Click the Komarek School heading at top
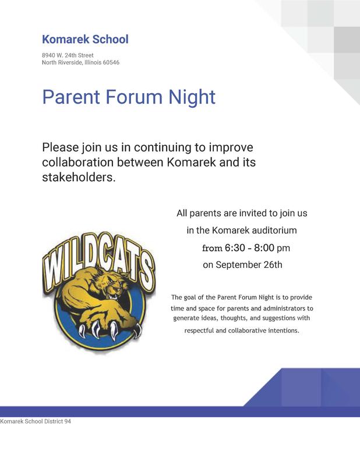click(x=85, y=39)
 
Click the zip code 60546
click(x=111, y=62)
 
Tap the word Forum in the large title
click(x=134, y=97)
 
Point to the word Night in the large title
click(x=192, y=97)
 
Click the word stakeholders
click(x=79, y=177)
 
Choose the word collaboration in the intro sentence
click(x=78, y=163)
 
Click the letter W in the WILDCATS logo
click(x=54, y=269)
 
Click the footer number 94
click(x=68, y=421)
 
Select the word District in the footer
click(x=54, y=421)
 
